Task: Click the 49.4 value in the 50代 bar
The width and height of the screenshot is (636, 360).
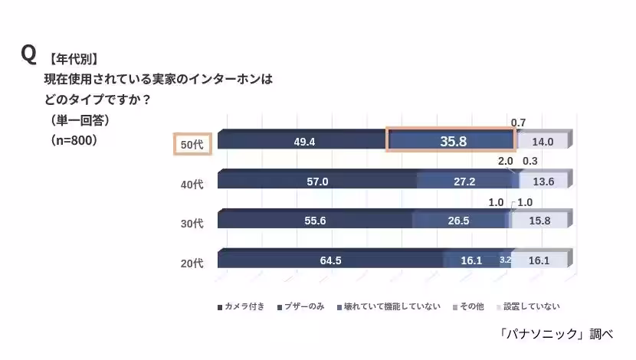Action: [x=305, y=142]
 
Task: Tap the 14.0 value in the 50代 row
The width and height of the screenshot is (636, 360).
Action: [x=543, y=142]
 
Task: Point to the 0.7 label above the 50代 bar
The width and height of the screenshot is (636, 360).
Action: [x=518, y=123]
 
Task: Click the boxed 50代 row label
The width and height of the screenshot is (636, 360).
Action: [x=192, y=144]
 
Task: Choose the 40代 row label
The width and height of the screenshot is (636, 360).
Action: [x=192, y=184]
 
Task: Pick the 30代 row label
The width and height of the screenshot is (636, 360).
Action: [x=192, y=224]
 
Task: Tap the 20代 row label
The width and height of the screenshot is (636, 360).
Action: [x=192, y=263]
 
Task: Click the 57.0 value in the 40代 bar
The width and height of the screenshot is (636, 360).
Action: [x=316, y=182]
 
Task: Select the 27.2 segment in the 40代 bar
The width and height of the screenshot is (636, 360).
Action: [x=464, y=182]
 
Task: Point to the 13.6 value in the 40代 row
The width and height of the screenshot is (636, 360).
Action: [x=543, y=182]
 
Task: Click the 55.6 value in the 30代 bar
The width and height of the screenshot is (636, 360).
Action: [x=316, y=221]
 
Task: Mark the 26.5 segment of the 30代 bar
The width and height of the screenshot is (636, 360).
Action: [x=459, y=221]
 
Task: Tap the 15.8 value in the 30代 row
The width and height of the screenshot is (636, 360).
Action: [x=541, y=221]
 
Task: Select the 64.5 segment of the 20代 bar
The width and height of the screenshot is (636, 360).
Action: [x=330, y=260]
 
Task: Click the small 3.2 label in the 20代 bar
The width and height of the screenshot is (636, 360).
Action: [x=505, y=260]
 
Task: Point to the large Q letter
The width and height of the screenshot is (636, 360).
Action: [x=28, y=54]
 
